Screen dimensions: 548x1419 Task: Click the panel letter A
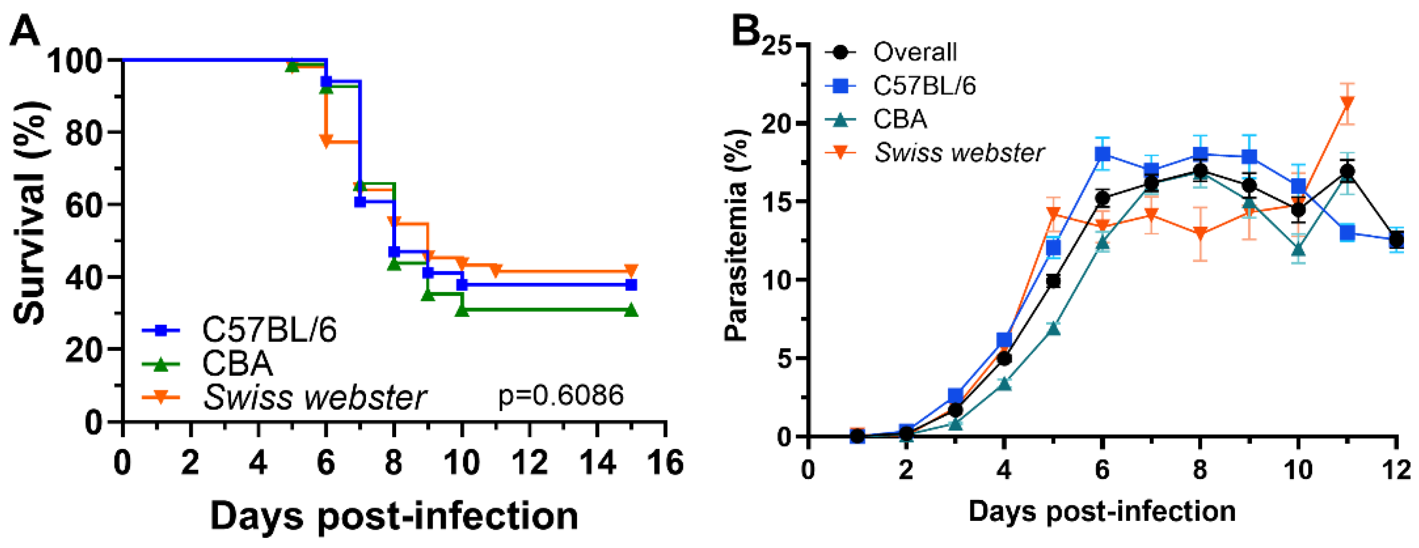pos(25,32)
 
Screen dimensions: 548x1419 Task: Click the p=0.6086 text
pos(561,396)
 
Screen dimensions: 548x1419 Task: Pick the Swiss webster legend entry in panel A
pos(314,397)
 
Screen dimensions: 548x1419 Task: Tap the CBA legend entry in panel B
pos(900,119)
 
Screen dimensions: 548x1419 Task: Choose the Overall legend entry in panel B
pos(915,52)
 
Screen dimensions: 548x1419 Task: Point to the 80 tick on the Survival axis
pos(83,132)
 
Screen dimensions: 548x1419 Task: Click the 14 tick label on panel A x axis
pos(597,463)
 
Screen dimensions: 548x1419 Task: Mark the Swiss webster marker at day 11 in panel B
pos(1347,103)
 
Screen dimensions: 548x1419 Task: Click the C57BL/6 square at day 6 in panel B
pos(1102,154)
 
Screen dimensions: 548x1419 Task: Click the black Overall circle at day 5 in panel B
pos(1053,282)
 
